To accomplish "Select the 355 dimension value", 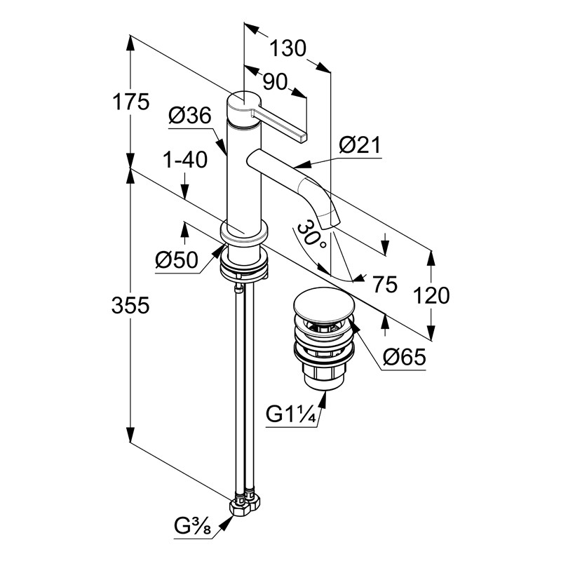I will click(133, 306).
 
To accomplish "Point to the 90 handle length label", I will click(275, 82).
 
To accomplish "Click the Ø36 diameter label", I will click(189, 116).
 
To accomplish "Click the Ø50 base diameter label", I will click(176, 260).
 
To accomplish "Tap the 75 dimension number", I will click(384, 284).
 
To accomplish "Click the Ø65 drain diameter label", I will click(405, 358).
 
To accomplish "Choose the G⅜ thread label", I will click(194, 525).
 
